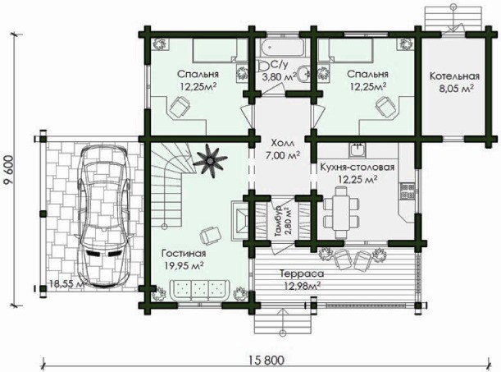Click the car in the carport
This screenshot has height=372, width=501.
click(104, 216)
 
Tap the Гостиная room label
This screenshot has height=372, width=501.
click(184, 253)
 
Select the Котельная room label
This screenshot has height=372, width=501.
click(454, 76)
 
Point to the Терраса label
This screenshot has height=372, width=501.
click(302, 273)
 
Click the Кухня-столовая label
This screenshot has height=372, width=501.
click(358, 168)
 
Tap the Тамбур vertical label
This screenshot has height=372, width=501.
click(279, 222)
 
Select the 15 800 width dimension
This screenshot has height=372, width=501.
click(266, 361)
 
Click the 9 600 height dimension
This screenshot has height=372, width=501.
click(9, 170)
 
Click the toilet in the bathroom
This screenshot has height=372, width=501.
click(264, 66)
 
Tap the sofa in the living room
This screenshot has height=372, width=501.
click(199, 291)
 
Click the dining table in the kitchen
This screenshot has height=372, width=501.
click(340, 213)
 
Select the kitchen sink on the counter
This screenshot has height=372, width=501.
click(358, 149)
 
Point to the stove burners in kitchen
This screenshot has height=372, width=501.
click(407, 191)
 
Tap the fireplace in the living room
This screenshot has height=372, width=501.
click(239, 220)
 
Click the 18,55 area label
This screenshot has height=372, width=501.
click(66, 283)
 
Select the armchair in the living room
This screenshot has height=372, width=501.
click(210, 236)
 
